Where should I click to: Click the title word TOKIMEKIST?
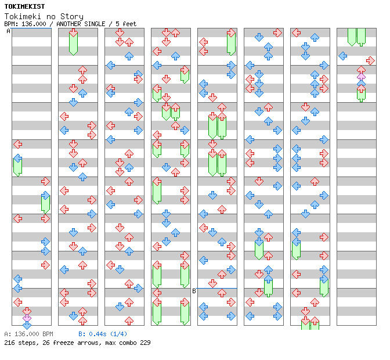24,6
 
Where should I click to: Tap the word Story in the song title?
71,17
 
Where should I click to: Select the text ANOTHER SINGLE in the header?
81,24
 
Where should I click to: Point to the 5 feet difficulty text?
126,24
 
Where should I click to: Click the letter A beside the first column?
8,31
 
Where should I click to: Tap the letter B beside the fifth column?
194,291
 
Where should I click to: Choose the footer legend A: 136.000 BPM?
28,334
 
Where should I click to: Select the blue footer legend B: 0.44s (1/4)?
103,334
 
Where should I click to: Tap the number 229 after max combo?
145,343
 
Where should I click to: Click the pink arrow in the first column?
27,318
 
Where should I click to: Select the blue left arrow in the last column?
343,56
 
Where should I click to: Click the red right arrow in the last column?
370,60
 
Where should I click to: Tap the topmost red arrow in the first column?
17,144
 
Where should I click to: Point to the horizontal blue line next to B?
216,289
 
